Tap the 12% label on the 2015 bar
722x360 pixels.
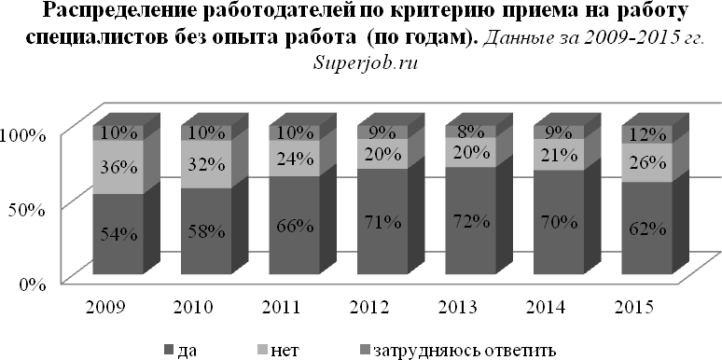[x=646, y=134]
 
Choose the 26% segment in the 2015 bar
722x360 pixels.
[x=646, y=162]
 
